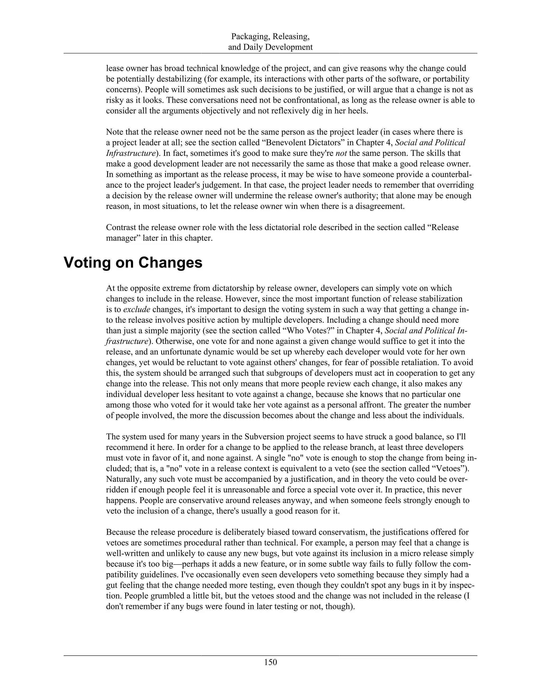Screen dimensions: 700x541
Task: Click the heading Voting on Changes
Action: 133,263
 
